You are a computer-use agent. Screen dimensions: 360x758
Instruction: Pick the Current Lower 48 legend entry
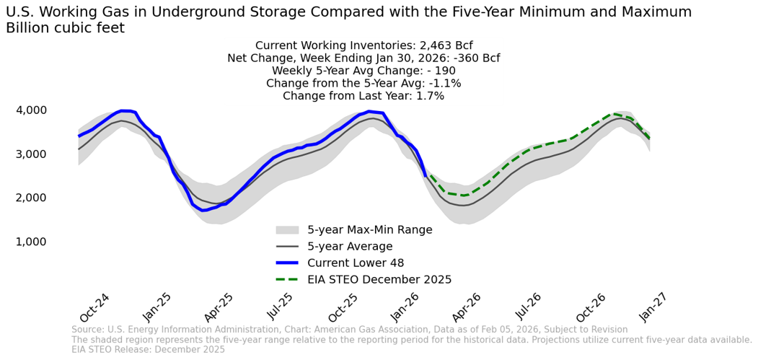pyautogui.click(x=360, y=263)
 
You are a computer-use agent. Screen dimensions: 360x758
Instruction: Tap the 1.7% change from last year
pyautogui.click(x=428, y=96)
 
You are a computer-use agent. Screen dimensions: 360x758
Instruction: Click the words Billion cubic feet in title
pyautogui.click(x=65, y=28)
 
